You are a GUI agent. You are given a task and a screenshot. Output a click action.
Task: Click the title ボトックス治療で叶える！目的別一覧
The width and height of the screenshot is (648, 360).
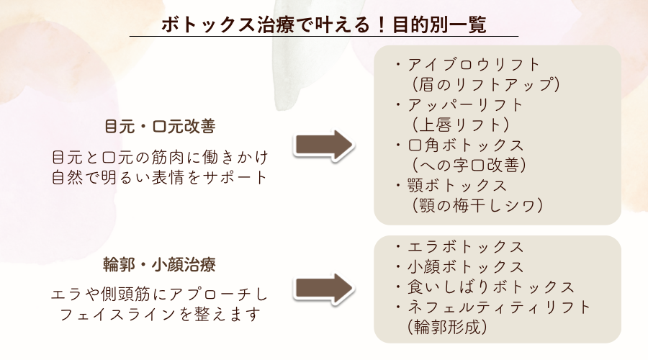click(323, 24)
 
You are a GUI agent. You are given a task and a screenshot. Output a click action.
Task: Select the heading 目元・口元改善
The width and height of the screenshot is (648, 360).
click(160, 126)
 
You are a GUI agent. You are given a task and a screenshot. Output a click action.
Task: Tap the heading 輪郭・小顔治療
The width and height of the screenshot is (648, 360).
click(160, 266)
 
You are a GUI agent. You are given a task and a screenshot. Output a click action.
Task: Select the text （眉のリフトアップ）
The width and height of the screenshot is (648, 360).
click(483, 84)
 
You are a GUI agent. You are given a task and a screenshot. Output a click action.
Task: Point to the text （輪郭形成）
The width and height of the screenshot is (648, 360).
click(447, 328)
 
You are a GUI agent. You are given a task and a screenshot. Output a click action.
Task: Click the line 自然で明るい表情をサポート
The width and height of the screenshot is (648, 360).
click(160, 176)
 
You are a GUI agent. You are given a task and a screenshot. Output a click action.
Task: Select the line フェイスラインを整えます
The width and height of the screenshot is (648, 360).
click(160, 315)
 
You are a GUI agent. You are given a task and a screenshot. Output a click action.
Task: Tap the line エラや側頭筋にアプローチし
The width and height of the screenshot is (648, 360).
click(160, 294)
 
